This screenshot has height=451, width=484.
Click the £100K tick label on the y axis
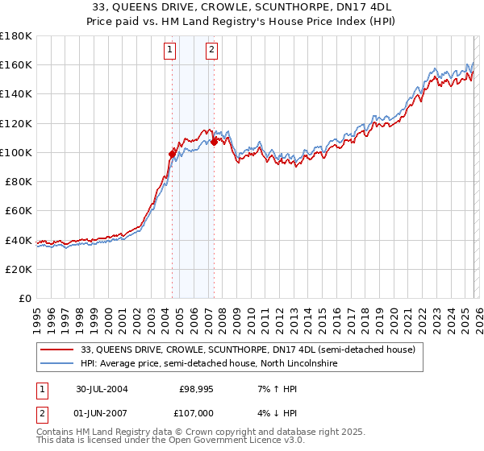point(16,152)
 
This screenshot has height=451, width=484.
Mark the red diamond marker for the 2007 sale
point(214,142)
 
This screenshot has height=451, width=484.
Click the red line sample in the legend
point(58,350)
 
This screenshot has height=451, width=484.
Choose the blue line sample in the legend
point(58,364)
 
